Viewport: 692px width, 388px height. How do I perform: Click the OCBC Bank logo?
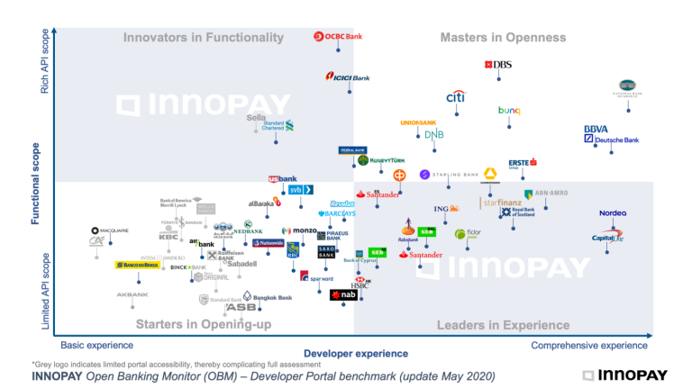pyautogui.click(x=338, y=36)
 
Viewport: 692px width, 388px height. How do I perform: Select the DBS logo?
pyautogui.click(x=498, y=65)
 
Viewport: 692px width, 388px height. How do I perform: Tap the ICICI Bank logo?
pyautogui.click(x=348, y=77)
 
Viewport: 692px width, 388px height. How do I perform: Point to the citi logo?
pyautogui.click(x=456, y=97)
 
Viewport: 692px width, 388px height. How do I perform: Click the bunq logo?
pyautogui.click(x=509, y=111)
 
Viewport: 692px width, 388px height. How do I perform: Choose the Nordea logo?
pyautogui.click(x=613, y=213)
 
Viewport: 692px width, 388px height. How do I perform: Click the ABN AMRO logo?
pyautogui.click(x=546, y=194)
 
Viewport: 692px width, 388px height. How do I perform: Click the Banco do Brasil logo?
pyautogui.click(x=137, y=266)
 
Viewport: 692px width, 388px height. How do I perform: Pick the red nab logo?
pyautogui.click(x=344, y=294)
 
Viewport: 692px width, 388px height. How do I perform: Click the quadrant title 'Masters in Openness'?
pyautogui.click(x=503, y=38)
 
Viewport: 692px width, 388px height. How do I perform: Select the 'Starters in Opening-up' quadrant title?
pyautogui.click(x=203, y=325)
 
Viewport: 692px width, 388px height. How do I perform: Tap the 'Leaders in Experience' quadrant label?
pyautogui.click(x=503, y=325)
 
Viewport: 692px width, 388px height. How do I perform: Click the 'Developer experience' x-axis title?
pyautogui.click(x=355, y=354)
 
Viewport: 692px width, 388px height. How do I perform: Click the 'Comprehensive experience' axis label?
pyautogui.click(x=588, y=346)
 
